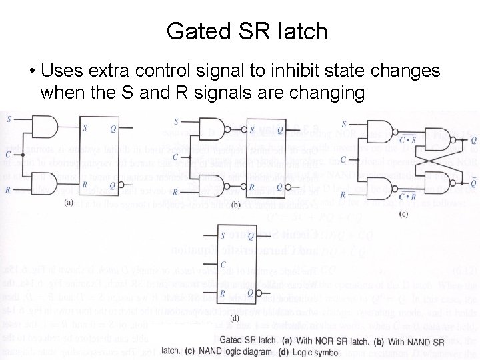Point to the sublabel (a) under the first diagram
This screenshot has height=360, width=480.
coord(69,203)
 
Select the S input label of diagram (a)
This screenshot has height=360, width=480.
coord(8,119)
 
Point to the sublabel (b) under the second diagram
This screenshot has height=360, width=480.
coord(235,205)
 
